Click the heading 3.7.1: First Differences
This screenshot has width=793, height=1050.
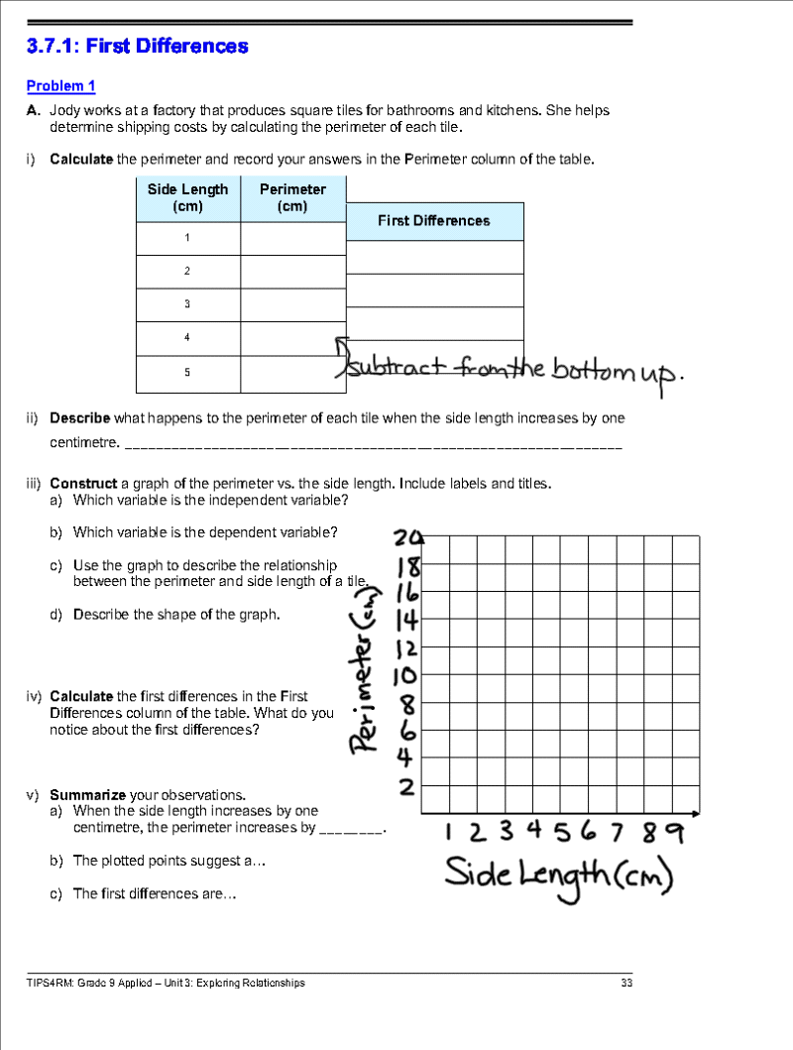coord(137,46)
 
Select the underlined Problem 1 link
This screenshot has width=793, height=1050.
coord(60,86)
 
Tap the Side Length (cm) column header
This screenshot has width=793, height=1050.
coord(187,197)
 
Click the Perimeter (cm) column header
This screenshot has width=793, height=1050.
coord(292,197)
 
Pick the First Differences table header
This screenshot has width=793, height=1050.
coord(433,221)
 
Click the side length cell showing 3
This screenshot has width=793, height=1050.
coord(187,304)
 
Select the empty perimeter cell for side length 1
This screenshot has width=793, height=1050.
coord(292,238)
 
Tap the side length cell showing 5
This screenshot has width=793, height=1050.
coord(187,373)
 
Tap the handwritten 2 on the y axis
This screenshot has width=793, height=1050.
coord(406,788)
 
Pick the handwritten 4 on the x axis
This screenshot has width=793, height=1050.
coord(533,829)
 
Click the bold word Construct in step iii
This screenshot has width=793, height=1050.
coord(84,483)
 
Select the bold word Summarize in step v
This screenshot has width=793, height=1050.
coord(87,795)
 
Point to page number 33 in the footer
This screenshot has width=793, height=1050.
coord(626,983)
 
